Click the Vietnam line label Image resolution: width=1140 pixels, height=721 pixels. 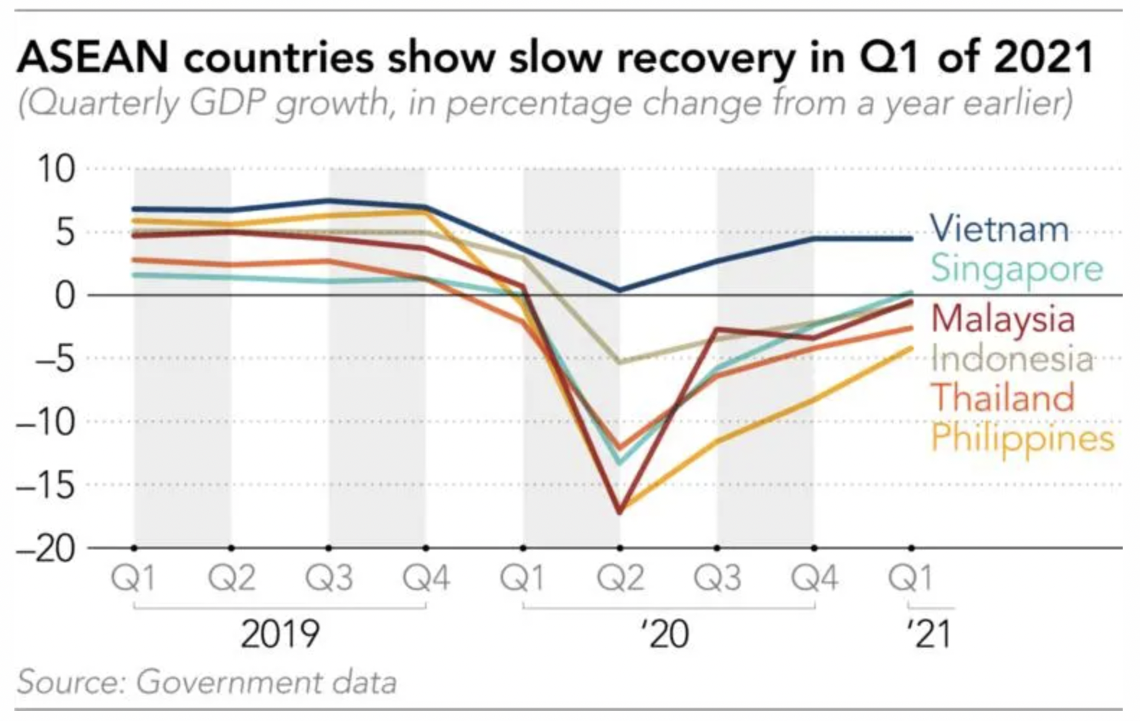coord(999,229)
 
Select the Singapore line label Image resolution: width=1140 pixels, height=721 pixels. coord(1017,268)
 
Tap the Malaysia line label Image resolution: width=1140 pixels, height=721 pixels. coord(1002,319)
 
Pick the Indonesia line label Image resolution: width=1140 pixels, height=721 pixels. coord(1012,358)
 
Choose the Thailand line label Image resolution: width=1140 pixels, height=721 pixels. coord(1002,398)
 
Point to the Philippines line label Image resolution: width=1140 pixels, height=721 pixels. coord(1022,438)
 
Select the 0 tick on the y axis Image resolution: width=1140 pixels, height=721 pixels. coord(65,296)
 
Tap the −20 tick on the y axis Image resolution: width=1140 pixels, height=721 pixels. coord(46,549)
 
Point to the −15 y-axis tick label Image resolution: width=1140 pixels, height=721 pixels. coord(46,486)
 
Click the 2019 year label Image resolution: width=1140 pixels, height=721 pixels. coord(280,634)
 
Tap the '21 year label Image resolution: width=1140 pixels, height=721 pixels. coord(930,634)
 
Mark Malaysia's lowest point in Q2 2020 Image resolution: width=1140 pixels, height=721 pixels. coord(619,512)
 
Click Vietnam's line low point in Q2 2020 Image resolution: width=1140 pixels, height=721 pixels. coord(619,290)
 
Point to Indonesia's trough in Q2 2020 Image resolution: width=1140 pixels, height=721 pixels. coord(619,361)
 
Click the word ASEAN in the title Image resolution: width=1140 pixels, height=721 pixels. coord(92,58)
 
